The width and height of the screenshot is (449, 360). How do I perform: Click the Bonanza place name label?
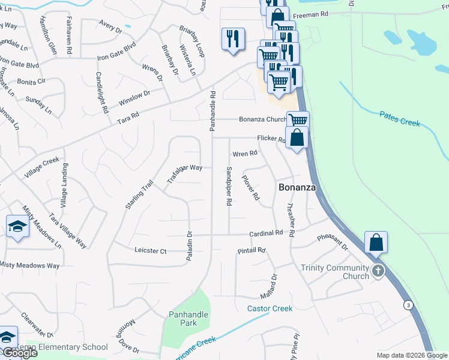296,187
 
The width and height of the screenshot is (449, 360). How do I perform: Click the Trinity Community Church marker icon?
378,271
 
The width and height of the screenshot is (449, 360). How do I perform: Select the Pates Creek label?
400,118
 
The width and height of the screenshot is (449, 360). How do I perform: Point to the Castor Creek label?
270,308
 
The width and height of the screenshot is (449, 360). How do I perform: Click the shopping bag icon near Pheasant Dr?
376,242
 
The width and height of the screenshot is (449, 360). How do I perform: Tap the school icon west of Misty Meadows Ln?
17,227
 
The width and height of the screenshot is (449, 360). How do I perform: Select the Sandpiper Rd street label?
229,187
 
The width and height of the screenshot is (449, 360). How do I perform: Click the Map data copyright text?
411,355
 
